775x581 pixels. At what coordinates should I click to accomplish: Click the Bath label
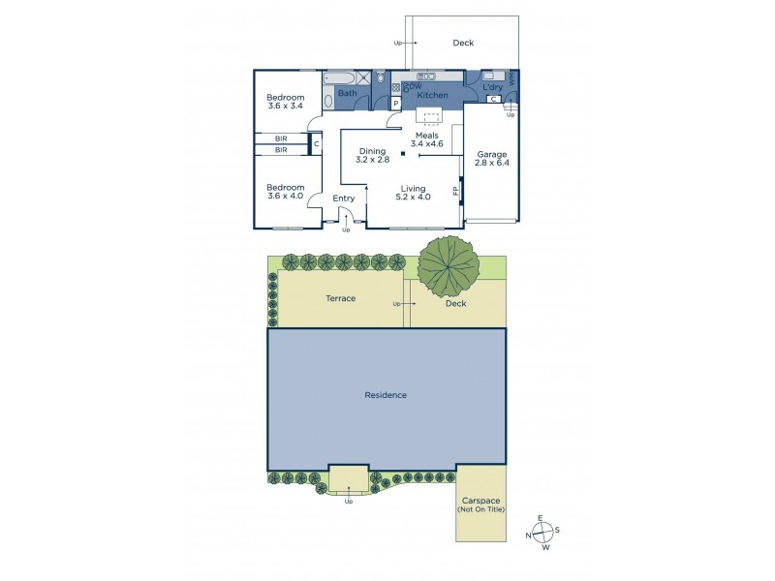pos(347,94)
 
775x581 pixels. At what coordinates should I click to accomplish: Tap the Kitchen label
pos(432,95)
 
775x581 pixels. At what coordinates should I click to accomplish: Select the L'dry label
pos(492,89)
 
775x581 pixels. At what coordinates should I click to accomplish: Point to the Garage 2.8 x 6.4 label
pos(492,159)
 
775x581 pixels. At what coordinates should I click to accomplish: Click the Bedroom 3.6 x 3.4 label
pos(286,103)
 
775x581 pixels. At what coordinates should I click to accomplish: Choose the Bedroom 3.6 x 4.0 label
pos(286,192)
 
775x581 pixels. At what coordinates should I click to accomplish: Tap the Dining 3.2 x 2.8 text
pos(373,157)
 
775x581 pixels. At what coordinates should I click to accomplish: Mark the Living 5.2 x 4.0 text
pos(413,192)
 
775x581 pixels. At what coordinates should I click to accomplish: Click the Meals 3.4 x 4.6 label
pos(427,139)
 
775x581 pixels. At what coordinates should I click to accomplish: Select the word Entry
pos(344,199)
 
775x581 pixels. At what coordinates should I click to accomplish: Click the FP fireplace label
pos(456,192)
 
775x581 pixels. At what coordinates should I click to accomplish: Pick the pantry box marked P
pos(396,103)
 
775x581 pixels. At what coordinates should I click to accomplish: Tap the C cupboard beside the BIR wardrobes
pos(316,145)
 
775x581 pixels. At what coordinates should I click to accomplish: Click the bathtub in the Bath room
pos(343,76)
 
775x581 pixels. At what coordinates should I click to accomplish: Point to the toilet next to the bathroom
pos(379,78)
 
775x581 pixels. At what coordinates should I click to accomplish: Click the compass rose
pos(542,531)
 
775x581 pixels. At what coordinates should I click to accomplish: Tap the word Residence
pos(386,395)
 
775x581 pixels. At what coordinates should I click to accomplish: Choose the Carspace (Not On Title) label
pos(481,505)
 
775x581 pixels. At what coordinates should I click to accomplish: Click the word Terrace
pos(341,298)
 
